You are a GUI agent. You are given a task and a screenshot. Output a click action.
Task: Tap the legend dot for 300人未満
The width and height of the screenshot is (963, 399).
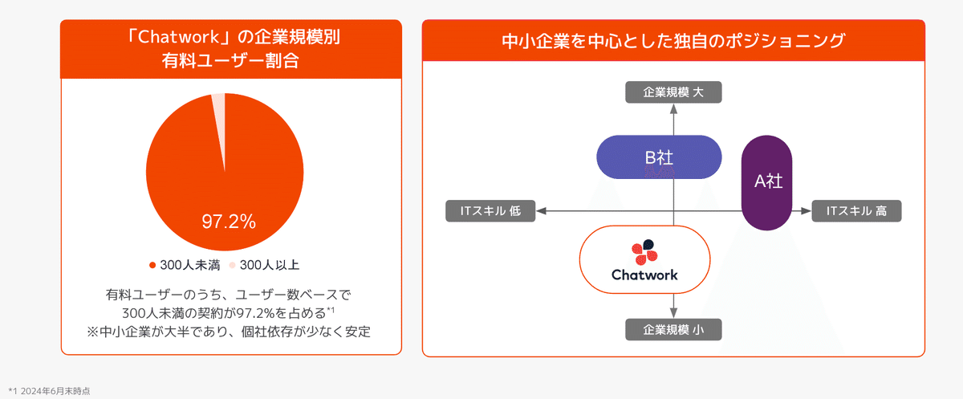pos(152,264)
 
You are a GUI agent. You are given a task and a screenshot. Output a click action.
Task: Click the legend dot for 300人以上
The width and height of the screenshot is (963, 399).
pos(231,264)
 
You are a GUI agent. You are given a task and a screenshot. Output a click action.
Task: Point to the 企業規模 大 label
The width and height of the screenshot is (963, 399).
pos(673,92)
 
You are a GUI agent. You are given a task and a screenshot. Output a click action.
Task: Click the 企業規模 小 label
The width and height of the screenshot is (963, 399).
pos(673,329)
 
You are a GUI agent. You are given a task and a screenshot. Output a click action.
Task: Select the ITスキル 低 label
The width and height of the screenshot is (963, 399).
pos(490,211)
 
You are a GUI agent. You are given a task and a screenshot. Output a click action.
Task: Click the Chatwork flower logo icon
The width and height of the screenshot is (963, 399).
pos(644,253)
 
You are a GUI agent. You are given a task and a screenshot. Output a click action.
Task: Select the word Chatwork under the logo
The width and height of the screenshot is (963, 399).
pos(644,275)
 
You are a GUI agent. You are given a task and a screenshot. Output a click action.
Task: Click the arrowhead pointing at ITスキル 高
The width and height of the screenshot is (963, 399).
pos(804,211)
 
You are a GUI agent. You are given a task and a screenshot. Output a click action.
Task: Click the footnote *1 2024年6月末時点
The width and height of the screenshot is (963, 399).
pos(50,390)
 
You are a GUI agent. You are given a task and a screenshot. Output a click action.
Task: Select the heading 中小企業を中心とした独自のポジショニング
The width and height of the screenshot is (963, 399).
pos(672,41)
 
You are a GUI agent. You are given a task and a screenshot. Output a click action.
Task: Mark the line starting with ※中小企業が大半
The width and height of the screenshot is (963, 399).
pos(230,331)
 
